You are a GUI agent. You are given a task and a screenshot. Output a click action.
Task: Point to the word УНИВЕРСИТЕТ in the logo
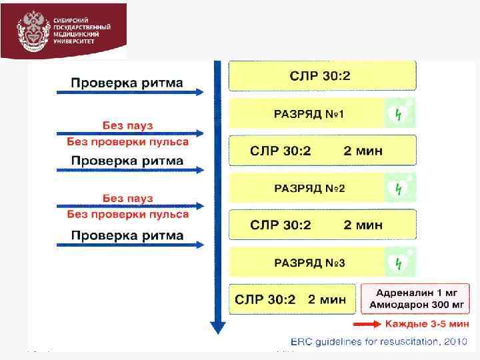coord(74,41)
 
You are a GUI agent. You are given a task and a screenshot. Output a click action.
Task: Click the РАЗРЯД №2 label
coord(309,189)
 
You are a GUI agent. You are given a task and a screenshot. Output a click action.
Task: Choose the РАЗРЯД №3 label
coord(309,263)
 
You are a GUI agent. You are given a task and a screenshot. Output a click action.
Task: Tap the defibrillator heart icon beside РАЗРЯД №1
coord(399,114)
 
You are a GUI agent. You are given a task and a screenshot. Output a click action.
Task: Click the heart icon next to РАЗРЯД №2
coord(399,189)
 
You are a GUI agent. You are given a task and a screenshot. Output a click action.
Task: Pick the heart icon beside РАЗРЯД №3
coord(399,263)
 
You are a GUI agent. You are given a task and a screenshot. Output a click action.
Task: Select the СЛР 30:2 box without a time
coord(322,75)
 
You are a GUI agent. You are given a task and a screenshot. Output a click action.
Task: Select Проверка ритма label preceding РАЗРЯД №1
coord(127,83)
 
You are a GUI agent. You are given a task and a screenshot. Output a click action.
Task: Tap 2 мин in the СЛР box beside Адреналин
coord(327,300)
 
